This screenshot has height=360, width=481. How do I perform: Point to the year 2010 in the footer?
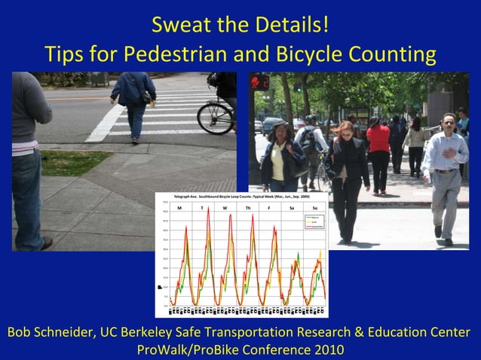(328, 349)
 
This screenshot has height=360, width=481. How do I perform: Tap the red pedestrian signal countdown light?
(260, 81)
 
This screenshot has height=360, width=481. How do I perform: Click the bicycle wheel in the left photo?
(214, 116)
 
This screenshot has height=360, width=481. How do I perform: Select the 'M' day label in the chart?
(179, 207)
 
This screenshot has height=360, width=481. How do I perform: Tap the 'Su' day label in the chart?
(314, 207)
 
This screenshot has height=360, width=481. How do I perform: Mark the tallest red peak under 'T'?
(208, 212)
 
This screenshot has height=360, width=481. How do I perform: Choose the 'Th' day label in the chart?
(247, 207)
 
